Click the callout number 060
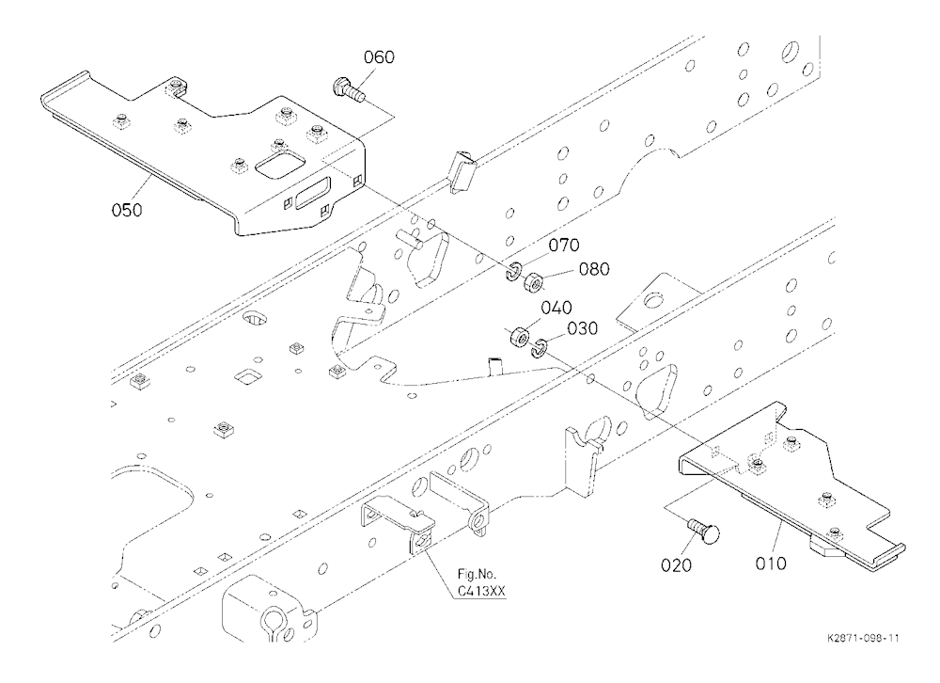click(x=379, y=57)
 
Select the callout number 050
click(x=127, y=210)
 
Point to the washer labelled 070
click(x=513, y=271)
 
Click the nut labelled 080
click(x=533, y=282)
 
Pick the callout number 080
click(x=594, y=269)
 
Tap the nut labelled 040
click(x=519, y=337)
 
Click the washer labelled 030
click(x=540, y=347)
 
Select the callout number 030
click(x=582, y=329)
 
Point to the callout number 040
click(x=556, y=308)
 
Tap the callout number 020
click(x=676, y=565)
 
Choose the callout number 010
click(x=771, y=564)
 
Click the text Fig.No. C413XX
click(x=480, y=582)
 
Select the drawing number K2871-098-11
click(x=863, y=638)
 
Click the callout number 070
click(x=564, y=245)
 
